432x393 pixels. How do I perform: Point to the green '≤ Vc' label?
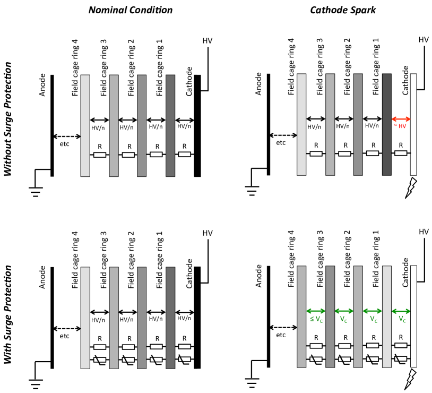(x=316, y=319)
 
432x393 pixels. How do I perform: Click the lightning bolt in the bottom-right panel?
(x=412, y=379)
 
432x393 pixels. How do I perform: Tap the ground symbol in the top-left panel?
(x=36, y=191)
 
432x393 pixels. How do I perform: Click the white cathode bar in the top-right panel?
(x=414, y=125)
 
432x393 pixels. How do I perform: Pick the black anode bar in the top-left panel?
(x=52, y=125)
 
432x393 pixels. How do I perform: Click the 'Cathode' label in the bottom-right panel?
(x=407, y=274)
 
